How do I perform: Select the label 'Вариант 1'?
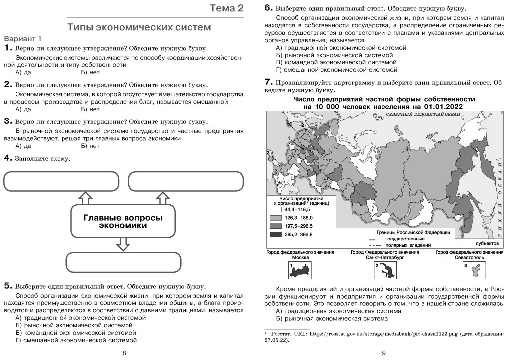(x=23, y=39)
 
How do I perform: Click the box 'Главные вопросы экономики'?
(x=123, y=221)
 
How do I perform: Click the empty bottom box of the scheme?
(x=123, y=262)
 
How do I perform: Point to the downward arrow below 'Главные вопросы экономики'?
(x=123, y=244)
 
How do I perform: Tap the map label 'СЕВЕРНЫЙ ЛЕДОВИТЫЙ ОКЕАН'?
(x=423, y=114)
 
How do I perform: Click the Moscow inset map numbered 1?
(x=300, y=270)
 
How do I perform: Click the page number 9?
(x=383, y=353)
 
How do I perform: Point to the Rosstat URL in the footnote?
(x=380, y=334)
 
